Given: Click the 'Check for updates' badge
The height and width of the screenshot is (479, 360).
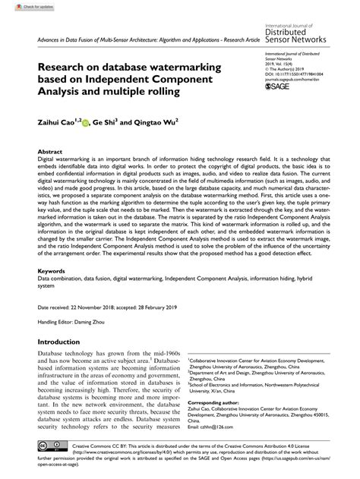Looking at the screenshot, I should pos(22,6).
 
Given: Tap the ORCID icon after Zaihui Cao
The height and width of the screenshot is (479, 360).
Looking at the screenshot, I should pos(86,121).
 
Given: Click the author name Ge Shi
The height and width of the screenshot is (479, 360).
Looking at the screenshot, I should pos(106,121).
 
